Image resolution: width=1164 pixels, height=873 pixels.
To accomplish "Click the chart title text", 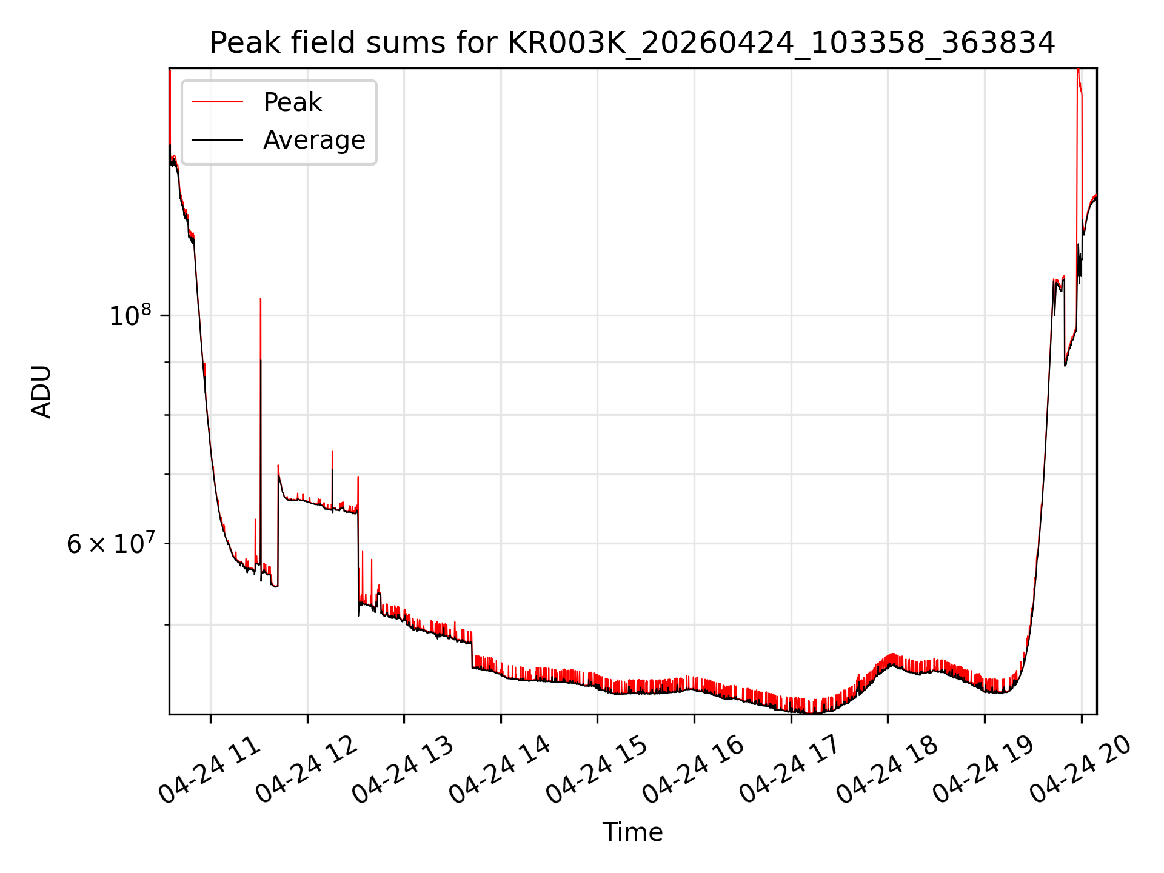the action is (632, 43).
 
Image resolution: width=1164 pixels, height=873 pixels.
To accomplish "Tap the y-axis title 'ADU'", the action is (41, 392).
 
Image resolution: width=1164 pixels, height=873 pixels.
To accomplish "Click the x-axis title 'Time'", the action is (632, 832).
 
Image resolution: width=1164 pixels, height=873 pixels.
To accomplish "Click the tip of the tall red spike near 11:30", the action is (261, 298).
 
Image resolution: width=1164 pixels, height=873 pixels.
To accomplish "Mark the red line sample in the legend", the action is (218, 102).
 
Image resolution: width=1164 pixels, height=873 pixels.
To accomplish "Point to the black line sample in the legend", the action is (218, 140).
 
